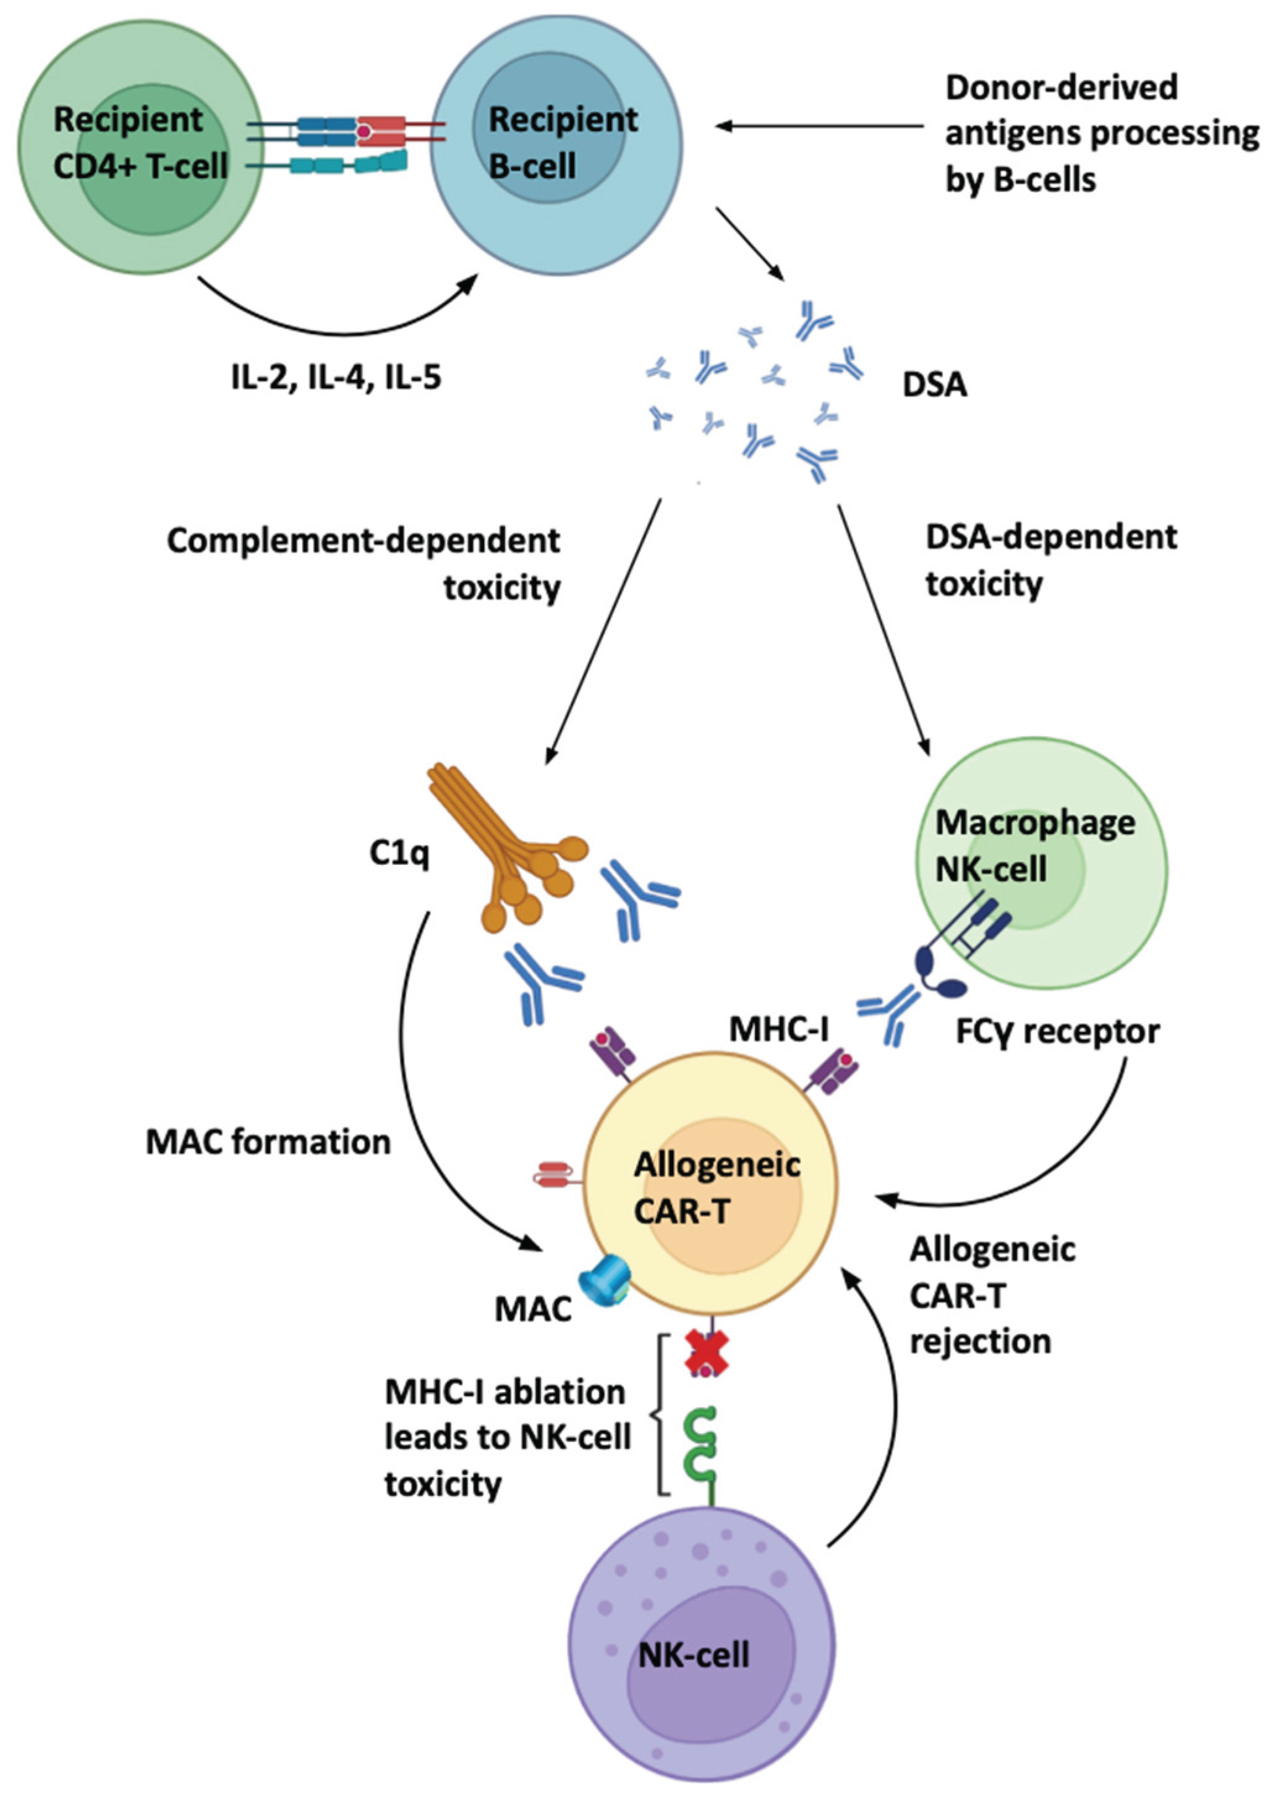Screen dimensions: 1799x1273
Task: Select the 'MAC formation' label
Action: (x=268, y=1143)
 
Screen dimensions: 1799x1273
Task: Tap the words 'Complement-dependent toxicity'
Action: (x=365, y=563)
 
